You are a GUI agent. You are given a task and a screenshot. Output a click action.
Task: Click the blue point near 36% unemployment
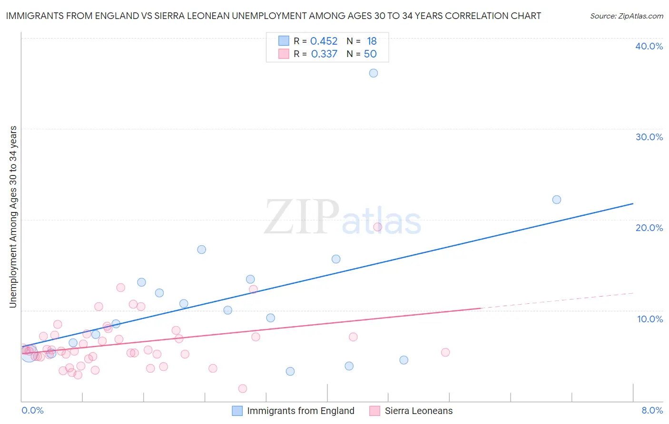(x=374, y=73)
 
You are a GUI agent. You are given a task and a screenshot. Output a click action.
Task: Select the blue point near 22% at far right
(x=557, y=200)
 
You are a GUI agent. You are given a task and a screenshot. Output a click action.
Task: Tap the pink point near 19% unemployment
(x=378, y=227)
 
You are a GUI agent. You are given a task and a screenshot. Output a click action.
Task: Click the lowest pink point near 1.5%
(x=243, y=388)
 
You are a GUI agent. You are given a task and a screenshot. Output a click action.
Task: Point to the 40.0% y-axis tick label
(x=649, y=46)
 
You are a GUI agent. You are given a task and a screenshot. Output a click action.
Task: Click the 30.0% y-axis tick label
(x=649, y=137)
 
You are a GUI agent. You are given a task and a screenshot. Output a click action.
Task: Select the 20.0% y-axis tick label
(x=649, y=228)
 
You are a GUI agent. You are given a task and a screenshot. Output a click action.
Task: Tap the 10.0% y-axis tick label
(x=650, y=319)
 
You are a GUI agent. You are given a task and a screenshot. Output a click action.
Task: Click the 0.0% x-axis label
(x=32, y=410)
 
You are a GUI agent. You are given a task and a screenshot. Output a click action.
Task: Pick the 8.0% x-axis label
(x=652, y=410)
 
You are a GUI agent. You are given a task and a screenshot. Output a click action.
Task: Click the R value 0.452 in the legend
(x=324, y=41)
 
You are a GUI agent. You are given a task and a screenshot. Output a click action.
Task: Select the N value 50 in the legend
(x=370, y=54)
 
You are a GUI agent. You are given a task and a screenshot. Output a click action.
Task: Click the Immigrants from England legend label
(x=301, y=411)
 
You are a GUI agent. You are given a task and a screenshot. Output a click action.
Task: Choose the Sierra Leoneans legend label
(x=419, y=411)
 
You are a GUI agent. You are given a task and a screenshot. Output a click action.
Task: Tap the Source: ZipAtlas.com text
(x=626, y=16)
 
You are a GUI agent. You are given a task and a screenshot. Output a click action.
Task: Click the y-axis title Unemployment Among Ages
(x=13, y=217)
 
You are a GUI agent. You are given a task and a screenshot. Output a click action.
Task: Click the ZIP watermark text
(x=302, y=218)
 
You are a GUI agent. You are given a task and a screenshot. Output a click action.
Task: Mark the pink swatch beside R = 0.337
(x=284, y=54)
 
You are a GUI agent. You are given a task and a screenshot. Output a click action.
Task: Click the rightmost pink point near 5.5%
(x=445, y=352)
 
